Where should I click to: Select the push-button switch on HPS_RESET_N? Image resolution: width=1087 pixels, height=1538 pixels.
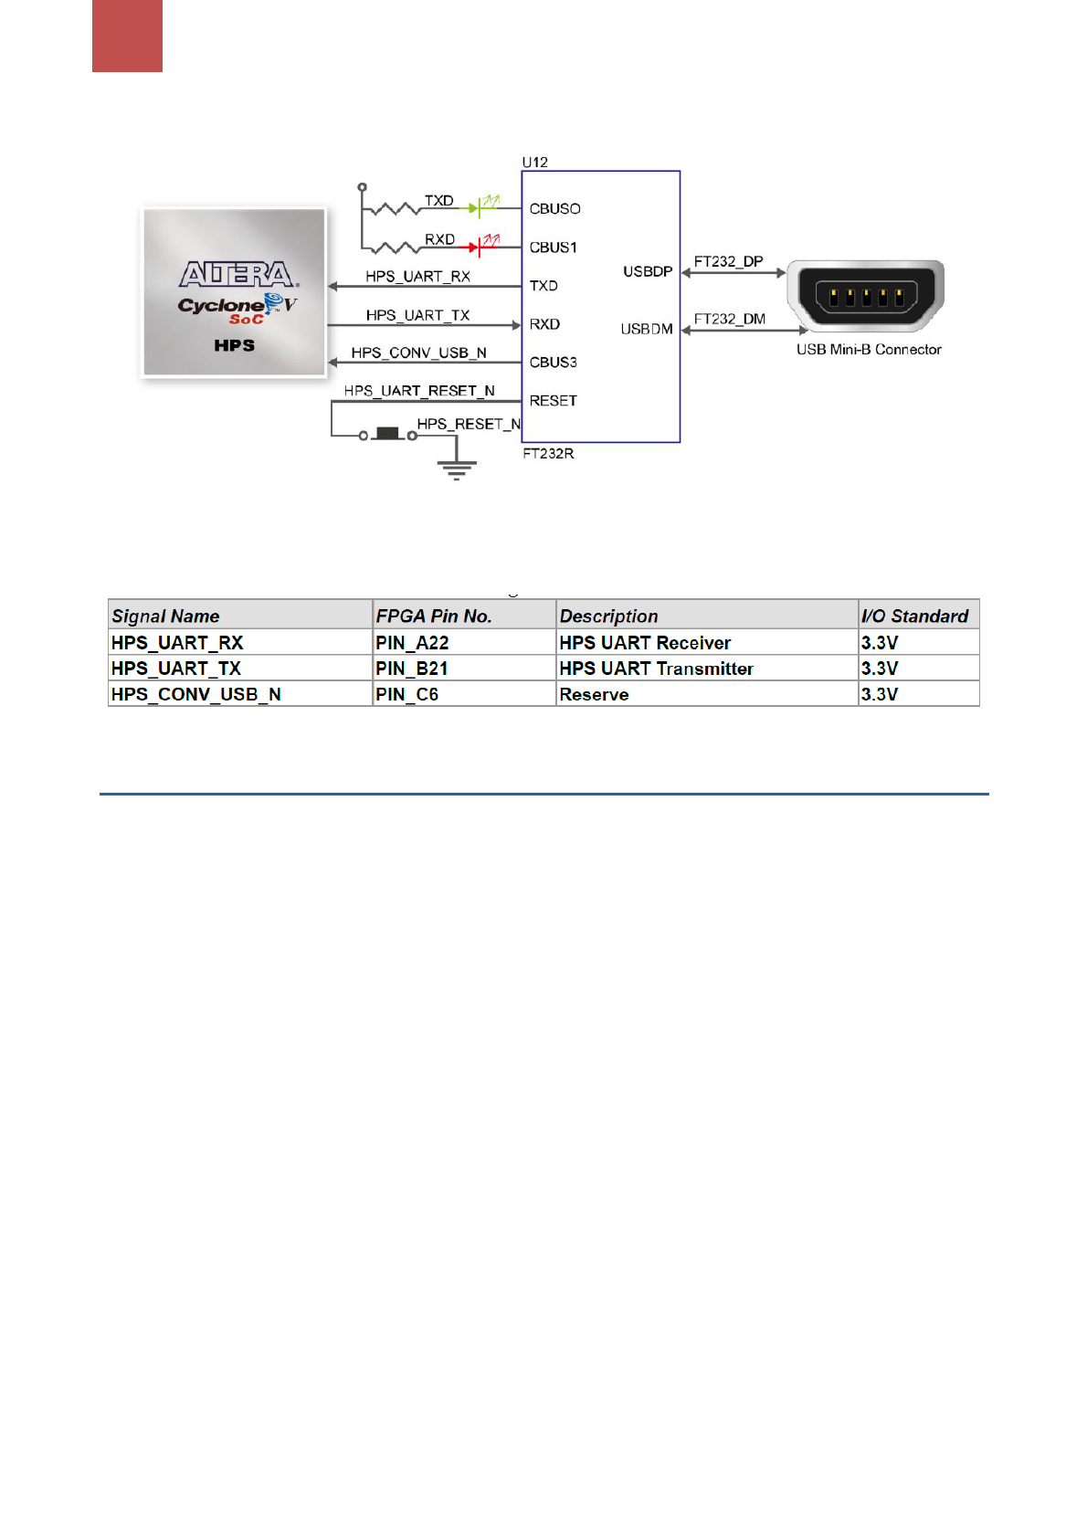388,434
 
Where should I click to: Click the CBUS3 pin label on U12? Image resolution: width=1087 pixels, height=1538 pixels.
553,363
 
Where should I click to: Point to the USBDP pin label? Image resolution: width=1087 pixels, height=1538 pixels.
648,271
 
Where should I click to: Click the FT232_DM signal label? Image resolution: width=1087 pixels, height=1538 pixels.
729,319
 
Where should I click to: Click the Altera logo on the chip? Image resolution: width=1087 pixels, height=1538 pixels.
236,274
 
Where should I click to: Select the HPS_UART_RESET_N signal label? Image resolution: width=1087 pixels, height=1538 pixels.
419,391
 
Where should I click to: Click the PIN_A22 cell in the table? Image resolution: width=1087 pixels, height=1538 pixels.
412,643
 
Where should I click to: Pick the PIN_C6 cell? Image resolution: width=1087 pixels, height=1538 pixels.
407,694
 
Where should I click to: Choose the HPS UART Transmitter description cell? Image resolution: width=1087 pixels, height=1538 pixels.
656,669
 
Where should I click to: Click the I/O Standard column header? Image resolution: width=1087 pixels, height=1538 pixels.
914,616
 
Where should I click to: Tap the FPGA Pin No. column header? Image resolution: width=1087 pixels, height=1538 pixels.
434,616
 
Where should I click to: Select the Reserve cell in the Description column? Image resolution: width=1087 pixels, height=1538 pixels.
594,694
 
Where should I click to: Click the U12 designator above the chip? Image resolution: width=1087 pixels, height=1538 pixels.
534,163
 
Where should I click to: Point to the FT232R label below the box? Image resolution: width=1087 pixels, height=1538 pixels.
548,454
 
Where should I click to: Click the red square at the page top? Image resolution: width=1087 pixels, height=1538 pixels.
127,36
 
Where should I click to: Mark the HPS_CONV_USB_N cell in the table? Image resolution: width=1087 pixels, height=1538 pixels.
195,694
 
